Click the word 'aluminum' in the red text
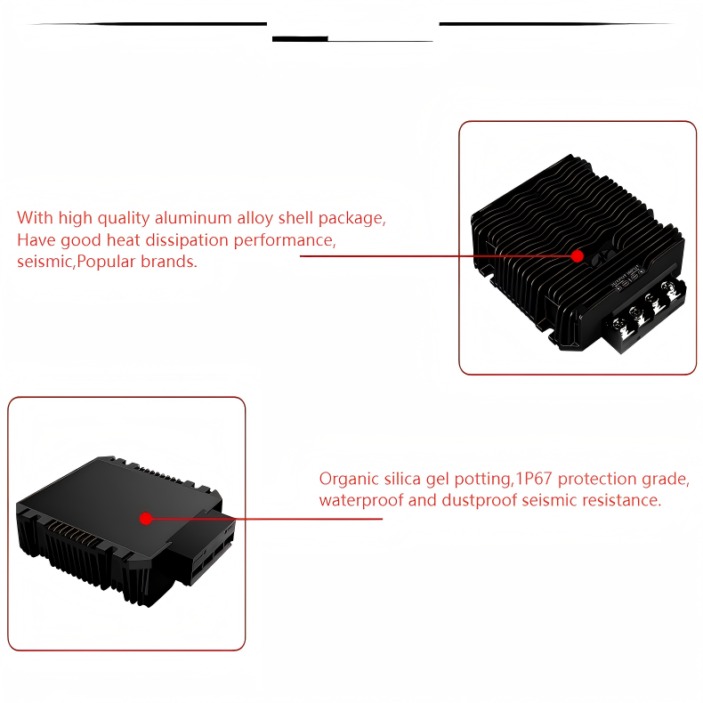coord(193,218)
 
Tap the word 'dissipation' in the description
coord(187,240)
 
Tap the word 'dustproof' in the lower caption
coord(480,500)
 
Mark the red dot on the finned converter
coord(577,256)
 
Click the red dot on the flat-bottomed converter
coord(146,519)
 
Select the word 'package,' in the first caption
coord(352,218)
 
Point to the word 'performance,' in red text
coord(285,240)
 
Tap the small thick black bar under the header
coord(300,39)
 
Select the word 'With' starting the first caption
coord(35,218)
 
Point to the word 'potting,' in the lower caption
coord(483,480)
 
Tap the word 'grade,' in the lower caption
coord(666,480)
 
